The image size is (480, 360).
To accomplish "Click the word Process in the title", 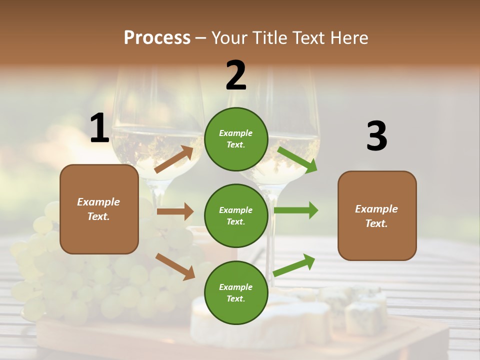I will (x=157, y=38).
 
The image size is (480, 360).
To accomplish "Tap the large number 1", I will (x=99, y=128).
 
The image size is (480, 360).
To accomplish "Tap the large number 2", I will (x=236, y=75).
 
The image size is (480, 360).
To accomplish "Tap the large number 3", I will (x=376, y=136).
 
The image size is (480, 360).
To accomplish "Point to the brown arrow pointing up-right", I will (x=174, y=159).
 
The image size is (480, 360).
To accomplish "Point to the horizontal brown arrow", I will (x=175, y=211).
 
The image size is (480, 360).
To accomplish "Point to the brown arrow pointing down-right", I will (x=175, y=266).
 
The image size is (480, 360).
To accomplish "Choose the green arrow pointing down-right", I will (x=297, y=159).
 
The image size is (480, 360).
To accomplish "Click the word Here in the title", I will (x=348, y=38).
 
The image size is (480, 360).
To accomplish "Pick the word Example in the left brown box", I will (x=98, y=202).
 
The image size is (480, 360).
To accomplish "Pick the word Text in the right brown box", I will (x=375, y=223).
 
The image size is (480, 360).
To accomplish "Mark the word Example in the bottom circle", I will (x=236, y=287).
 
